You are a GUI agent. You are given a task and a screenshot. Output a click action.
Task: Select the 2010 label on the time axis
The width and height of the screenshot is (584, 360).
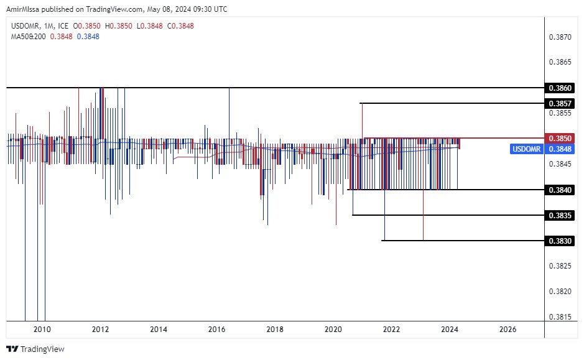(x=42, y=330)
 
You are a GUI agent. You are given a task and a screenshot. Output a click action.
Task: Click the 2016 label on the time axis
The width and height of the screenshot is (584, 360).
(x=216, y=330)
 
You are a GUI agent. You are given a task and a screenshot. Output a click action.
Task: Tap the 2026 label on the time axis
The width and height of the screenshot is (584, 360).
(x=508, y=330)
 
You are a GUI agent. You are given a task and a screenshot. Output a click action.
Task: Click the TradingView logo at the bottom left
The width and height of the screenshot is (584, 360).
(x=35, y=349)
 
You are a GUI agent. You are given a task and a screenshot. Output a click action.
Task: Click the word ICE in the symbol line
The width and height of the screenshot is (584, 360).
(x=63, y=26)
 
